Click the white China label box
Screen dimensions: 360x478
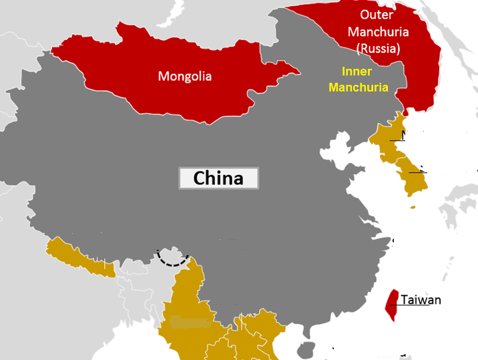click(218, 178)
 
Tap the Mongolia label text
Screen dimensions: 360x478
click(184, 76)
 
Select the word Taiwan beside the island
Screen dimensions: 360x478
click(421, 300)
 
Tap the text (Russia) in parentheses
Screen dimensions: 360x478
click(378, 47)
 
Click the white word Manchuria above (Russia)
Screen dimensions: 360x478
click(378, 31)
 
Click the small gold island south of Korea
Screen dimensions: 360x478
click(413, 206)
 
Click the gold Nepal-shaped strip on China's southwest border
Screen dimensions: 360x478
click(80, 258)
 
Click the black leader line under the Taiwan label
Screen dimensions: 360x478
click(401, 306)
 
